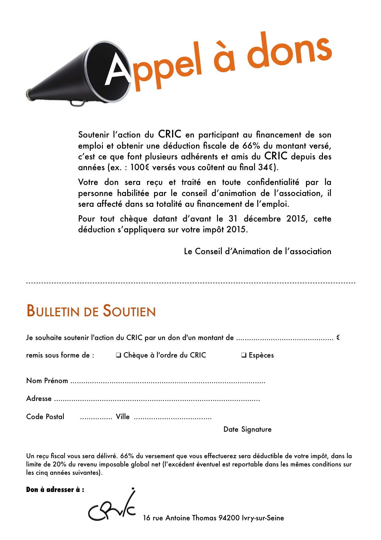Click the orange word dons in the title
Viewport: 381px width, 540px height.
[289, 51]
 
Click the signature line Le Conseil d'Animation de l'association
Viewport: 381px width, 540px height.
[257, 251]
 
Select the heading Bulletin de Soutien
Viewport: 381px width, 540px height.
[91, 311]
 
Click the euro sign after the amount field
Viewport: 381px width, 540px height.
[338, 338]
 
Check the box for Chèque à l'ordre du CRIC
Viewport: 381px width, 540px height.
[118, 355]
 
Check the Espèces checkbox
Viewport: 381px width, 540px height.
[244, 355]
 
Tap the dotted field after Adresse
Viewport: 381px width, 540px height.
[157, 400]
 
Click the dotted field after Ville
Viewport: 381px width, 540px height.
[173, 418]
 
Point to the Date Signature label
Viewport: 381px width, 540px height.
[247, 430]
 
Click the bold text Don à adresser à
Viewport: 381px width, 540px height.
[55, 490]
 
